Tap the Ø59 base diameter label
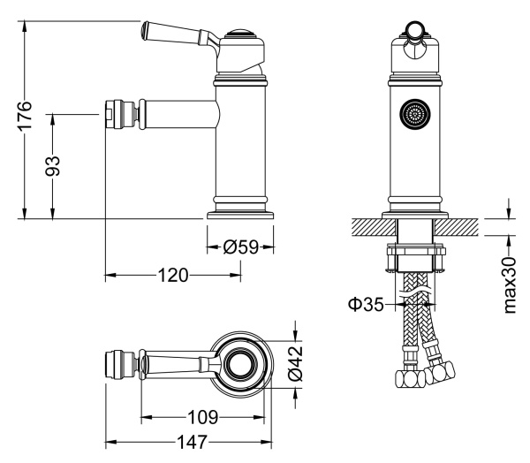240,247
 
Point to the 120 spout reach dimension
172,276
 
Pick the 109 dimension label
203,416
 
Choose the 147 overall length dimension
187,441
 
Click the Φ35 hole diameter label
366,305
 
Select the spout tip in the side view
114,115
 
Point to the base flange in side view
240,213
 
